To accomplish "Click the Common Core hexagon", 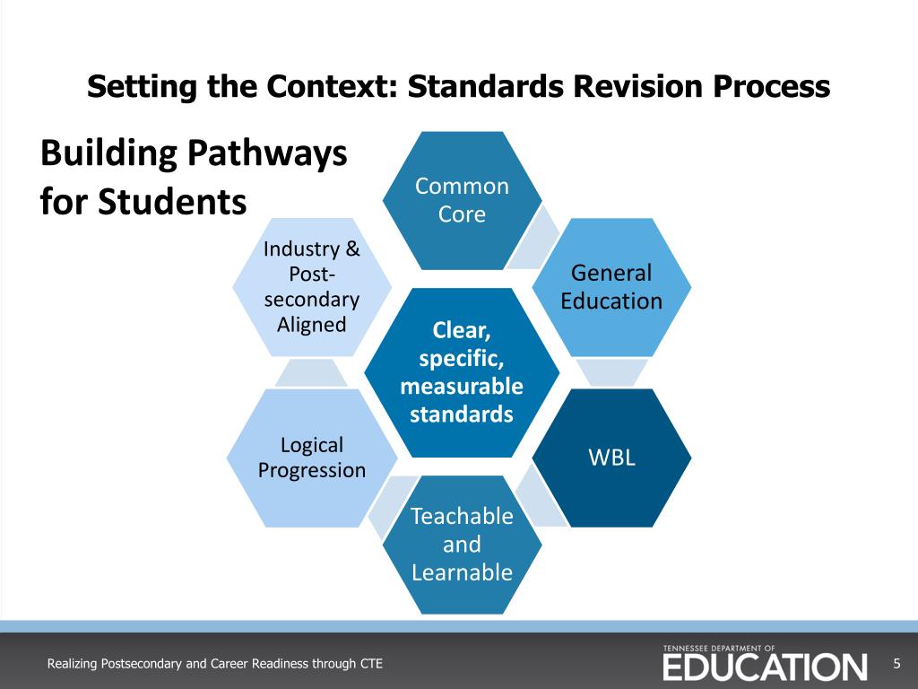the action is [462, 200].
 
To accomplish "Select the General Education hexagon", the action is [611, 286].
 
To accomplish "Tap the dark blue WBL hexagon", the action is [611, 457].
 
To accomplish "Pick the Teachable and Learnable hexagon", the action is [462, 544].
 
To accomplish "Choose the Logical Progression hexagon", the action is [312, 457].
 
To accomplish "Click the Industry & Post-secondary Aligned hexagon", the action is [312, 286].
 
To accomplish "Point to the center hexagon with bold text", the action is [462, 372].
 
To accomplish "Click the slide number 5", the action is [896, 664].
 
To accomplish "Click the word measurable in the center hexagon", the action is [462, 388].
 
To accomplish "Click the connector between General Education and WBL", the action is [611, 372].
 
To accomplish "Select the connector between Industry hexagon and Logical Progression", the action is [310, 372].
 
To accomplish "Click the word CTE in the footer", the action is [371, 664].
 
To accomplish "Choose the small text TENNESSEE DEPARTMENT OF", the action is [719, 647].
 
